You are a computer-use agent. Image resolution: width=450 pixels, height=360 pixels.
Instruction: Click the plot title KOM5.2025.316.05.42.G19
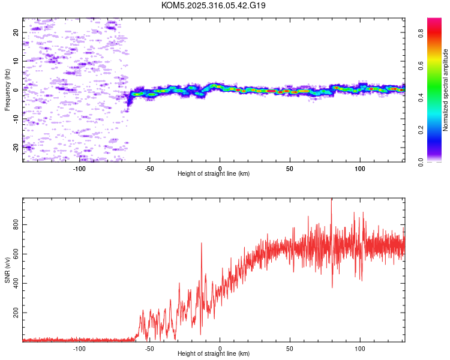(214, 5)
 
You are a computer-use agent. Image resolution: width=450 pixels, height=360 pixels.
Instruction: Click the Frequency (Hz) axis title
(7, 90)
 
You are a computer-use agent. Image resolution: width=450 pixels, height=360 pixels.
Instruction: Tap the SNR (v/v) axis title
(7, 271)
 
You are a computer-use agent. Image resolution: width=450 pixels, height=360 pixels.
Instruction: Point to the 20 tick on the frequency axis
(16, 32)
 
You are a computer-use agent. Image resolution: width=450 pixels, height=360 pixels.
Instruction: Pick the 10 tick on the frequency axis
(16, 61)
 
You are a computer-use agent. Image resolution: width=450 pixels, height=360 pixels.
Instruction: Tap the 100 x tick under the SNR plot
(361, 348)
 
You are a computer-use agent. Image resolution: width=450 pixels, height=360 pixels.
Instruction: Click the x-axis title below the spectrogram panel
(214, 174)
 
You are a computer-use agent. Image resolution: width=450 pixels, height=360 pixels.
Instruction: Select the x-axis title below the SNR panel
(214, 354)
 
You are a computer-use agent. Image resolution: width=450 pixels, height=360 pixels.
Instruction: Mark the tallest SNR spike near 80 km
(332, 200)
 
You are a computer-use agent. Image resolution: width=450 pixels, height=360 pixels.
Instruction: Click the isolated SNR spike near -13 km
(201, 244)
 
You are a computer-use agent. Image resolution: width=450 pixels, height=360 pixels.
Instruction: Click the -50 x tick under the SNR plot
(149, 348)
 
